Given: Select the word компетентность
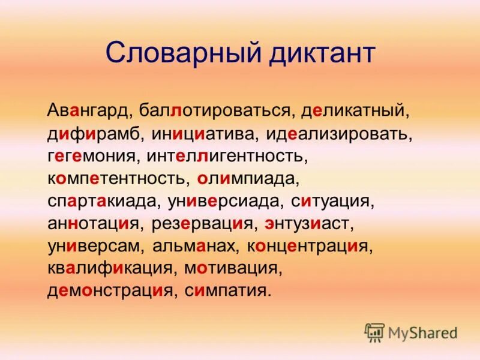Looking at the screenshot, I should pos(118,179).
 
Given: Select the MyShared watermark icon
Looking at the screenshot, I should pos(374,331).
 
